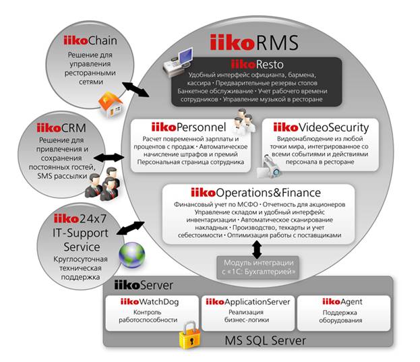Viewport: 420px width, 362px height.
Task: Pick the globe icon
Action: [133, 255]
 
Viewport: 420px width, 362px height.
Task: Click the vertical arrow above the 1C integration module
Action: [257, 249]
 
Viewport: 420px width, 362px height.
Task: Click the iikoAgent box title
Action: [342, 301]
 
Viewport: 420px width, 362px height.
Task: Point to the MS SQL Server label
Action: [269, 340]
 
